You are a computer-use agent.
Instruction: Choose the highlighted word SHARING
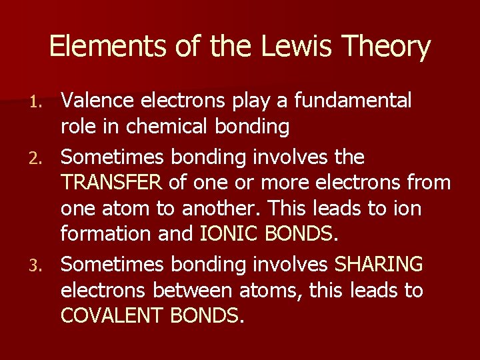tap(378, 264)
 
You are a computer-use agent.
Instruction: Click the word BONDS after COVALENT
tap(203, 315)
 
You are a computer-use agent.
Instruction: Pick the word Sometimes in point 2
tap(112, 157)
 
